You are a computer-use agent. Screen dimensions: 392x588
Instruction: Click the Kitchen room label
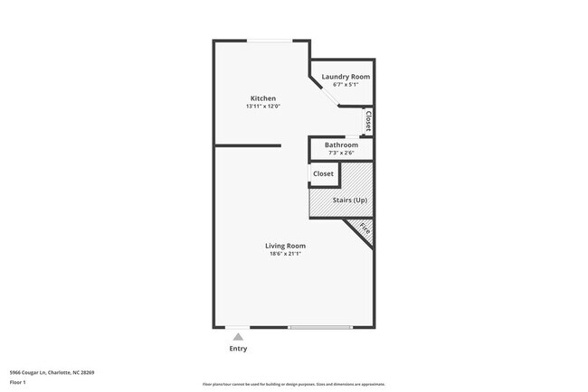pos(263,98)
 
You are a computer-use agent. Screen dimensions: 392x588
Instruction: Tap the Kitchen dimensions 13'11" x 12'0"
pos(263,107)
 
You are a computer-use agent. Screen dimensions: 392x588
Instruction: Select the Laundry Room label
pos(346,77)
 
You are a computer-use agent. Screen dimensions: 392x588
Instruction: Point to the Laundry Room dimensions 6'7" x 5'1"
pos(346,85)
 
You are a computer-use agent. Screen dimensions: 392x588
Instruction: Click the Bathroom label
pos(341,145)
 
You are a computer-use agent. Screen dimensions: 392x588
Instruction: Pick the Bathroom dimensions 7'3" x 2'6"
pos(341,153)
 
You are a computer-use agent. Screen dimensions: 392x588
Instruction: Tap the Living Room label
pos(285,246)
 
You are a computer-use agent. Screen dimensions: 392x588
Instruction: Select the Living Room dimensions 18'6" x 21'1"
pos(285,254)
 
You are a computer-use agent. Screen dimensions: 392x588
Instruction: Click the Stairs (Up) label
pos(348,200)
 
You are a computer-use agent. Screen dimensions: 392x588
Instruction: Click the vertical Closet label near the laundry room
pos(368,121)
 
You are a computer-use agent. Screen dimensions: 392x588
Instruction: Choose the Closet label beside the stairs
pos(323,173)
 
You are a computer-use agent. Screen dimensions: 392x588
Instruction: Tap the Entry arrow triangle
pos(238,337)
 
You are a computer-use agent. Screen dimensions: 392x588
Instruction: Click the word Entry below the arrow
pos(238,349)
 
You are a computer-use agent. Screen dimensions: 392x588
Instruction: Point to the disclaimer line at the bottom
pos(294,385)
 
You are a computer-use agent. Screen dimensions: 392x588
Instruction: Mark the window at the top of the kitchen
pos(270,41)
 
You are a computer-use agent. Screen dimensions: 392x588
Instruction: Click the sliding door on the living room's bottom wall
pos(320,327)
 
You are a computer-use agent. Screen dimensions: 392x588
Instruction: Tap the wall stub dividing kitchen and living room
pos(248,145)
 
